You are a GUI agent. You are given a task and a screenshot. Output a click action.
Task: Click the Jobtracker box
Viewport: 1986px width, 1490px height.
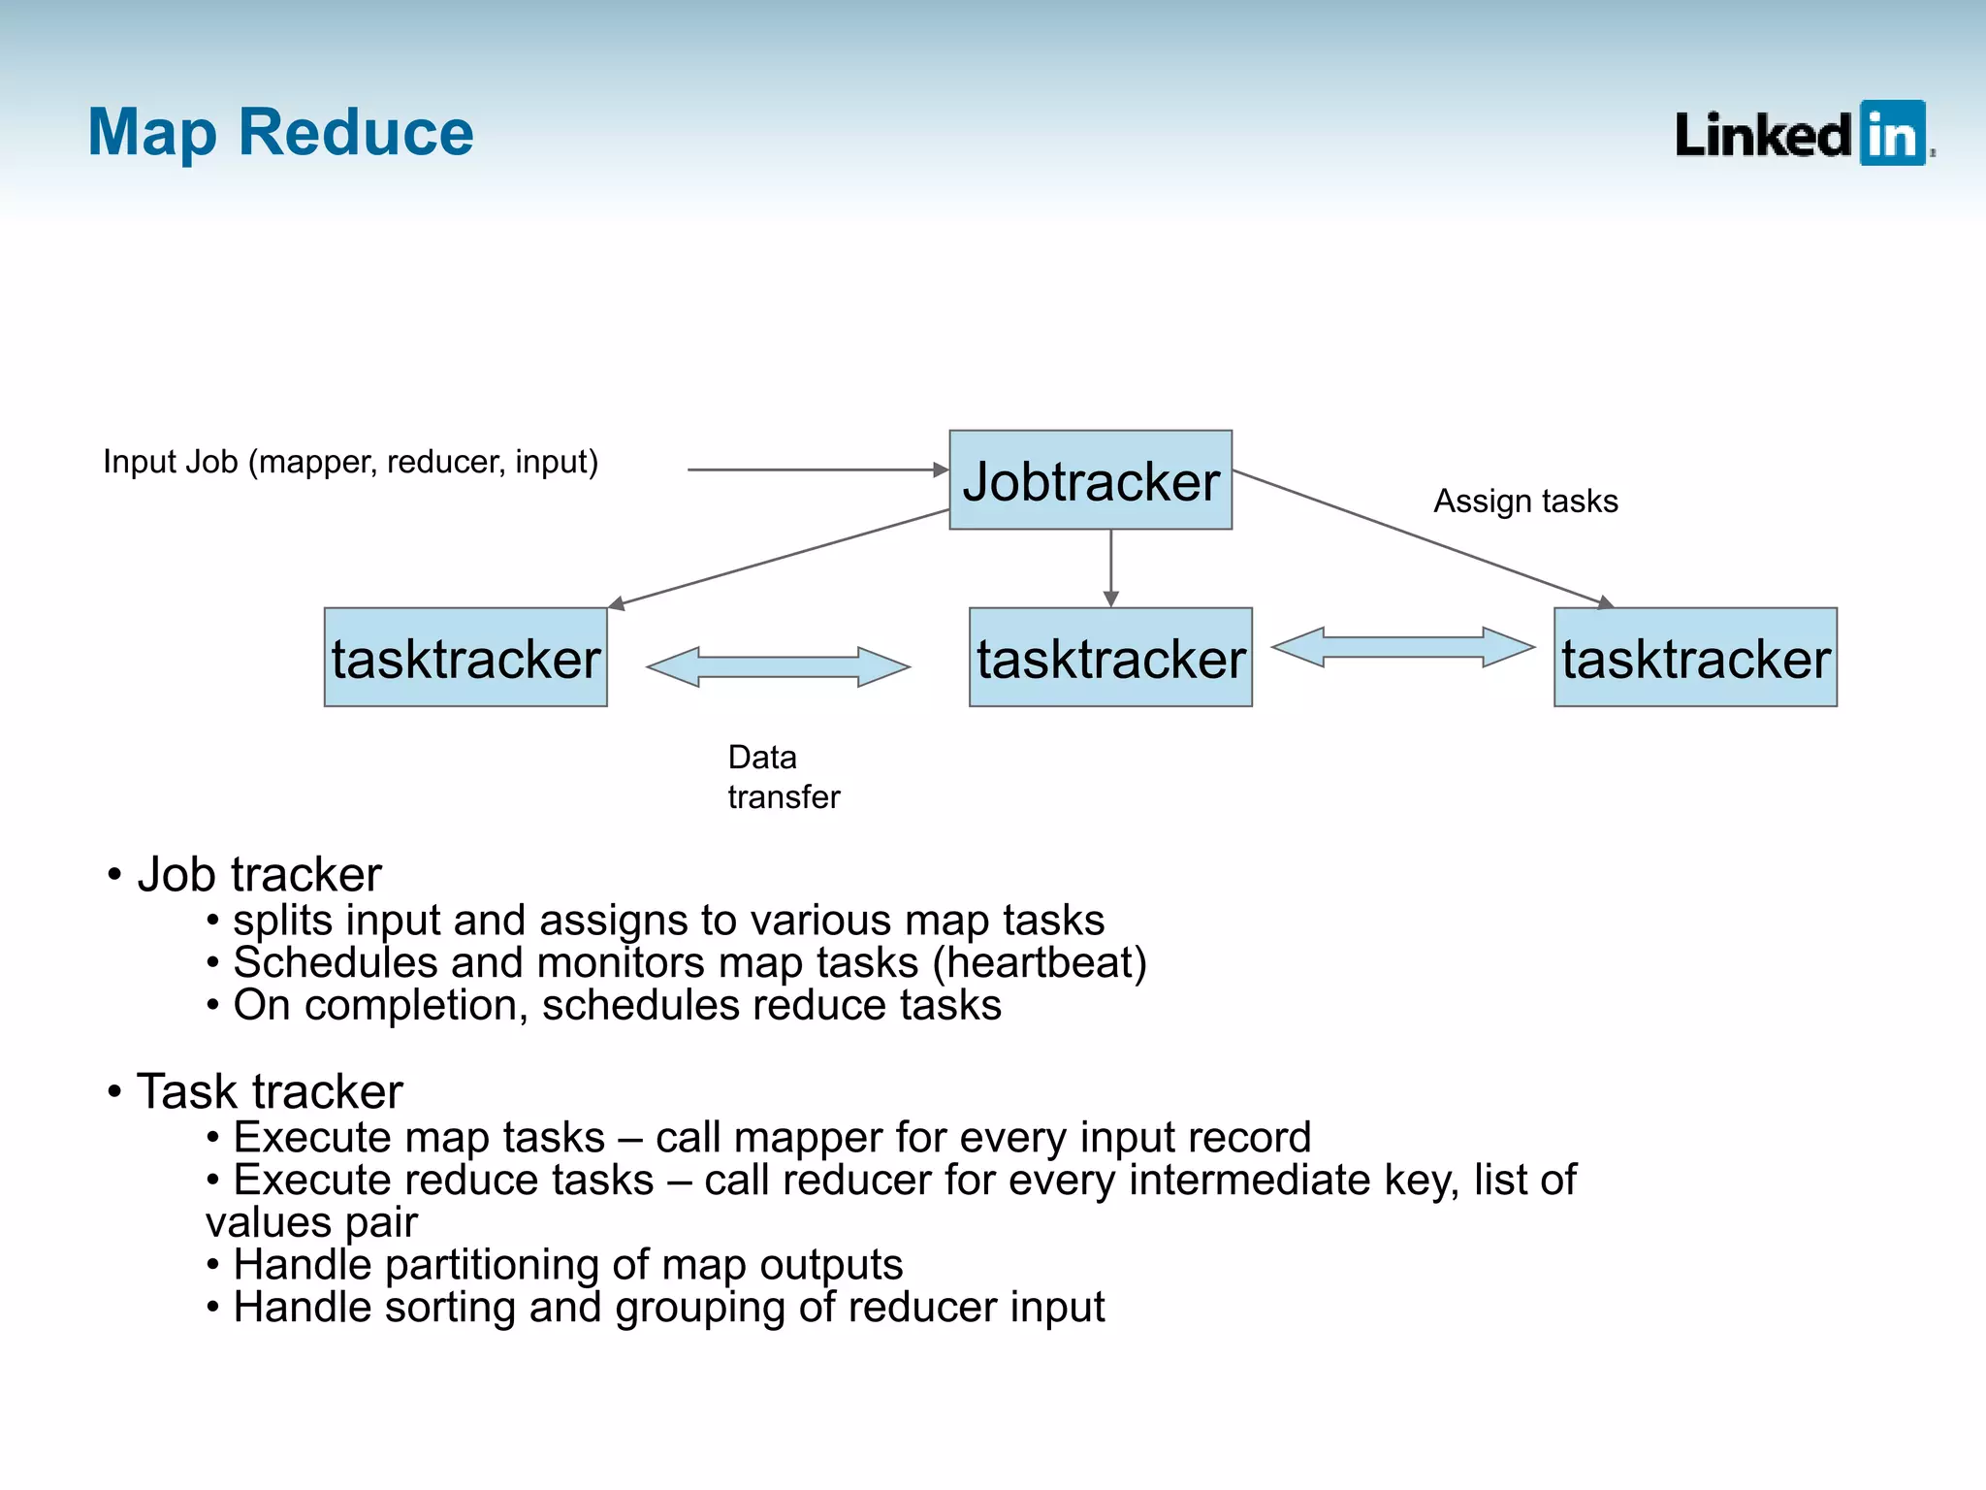point(1090,480)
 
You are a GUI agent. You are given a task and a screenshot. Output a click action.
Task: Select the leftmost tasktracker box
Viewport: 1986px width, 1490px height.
point(465,658)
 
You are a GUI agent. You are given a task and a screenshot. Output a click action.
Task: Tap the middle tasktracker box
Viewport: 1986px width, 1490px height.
point(1110,658)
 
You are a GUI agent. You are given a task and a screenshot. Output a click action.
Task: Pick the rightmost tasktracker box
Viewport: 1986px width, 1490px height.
point(1695,658)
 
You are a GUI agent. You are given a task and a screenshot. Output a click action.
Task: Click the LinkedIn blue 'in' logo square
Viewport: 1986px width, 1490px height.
point(1892,133)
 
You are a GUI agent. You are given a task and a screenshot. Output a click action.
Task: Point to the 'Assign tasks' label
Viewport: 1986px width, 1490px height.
point(1525,502)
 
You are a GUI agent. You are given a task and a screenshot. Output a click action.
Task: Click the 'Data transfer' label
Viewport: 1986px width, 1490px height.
point(783,777)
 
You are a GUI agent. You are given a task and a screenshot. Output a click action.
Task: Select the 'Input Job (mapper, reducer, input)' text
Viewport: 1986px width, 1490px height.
point(350,462)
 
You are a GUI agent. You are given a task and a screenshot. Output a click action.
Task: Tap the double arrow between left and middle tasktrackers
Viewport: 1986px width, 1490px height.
point(778,667)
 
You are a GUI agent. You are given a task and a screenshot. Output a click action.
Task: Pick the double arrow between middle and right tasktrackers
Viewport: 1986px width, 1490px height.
point(1403,647)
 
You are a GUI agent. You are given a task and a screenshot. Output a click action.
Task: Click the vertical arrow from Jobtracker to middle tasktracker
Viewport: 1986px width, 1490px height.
point(1111,567)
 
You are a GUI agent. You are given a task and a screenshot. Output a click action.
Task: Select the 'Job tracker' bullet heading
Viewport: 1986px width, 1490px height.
point(259,874)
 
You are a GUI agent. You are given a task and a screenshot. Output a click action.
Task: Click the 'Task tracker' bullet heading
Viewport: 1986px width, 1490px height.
point(270,1091)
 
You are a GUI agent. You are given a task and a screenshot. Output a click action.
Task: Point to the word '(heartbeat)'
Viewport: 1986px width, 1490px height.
point(1040,963)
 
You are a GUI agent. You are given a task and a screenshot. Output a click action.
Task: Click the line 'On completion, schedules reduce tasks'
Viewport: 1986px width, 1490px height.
point(617,1006)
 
